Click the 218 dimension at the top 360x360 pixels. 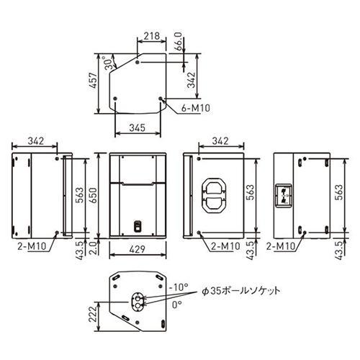click(152, 36)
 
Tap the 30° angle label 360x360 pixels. click(109, 63)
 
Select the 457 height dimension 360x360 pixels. click(94, 80)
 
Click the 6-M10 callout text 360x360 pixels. click(196, 108)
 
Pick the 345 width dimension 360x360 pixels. click(138, 127)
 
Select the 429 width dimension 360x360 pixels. click(138, 249)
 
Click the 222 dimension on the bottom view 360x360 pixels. click(93, 315)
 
